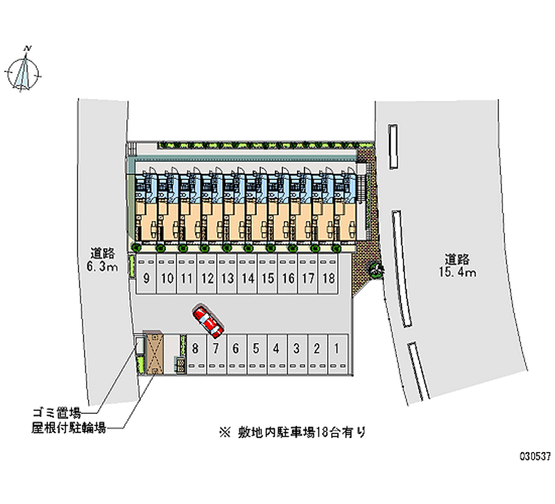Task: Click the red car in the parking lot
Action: pos(207,320)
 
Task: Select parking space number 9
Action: pos(147,279)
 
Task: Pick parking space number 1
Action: pos(336,348)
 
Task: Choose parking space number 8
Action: pos(196,348)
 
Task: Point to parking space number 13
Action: pos(227,279)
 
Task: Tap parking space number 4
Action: pos(276,348)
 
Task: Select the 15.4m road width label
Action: pos(456,266)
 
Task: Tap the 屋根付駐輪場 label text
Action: pos(67,428)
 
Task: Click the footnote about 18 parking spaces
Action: pos(291,431)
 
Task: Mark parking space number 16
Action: pos(288,279)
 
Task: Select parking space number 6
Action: pos(236,348)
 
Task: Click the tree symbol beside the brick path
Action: pos(376,270)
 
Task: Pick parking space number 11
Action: pos(187,279)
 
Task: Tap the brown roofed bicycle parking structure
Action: pos(154,354)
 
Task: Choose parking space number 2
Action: pos(316,348)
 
